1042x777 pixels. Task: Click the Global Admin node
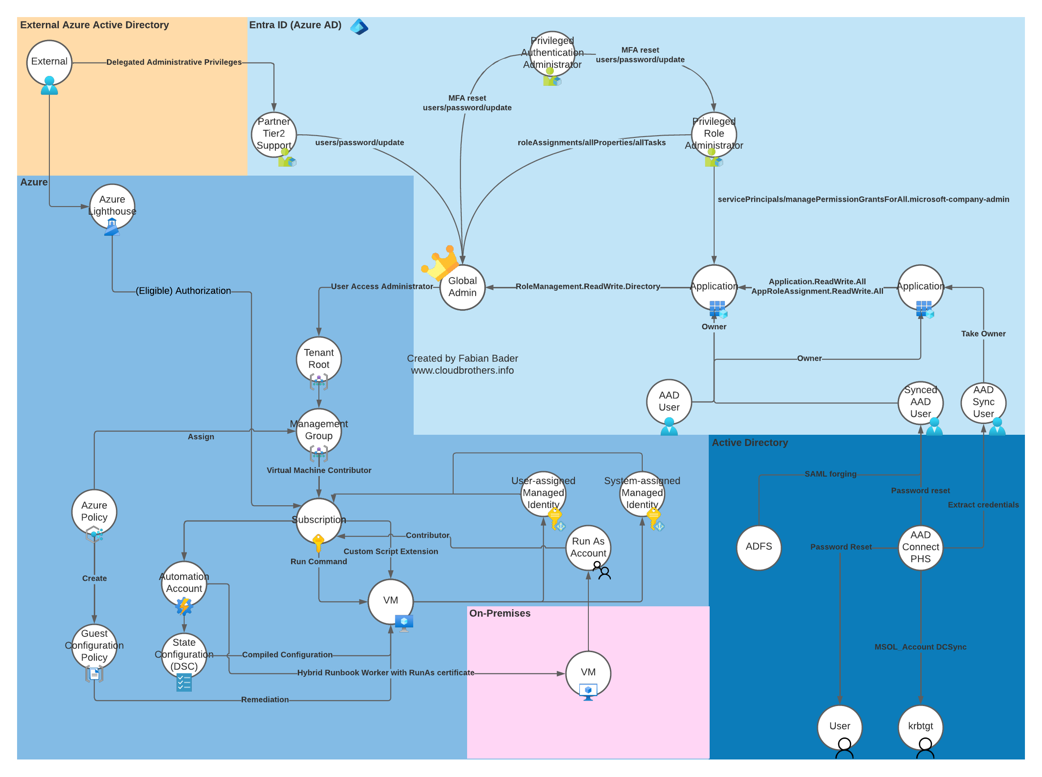(x=462, y=287)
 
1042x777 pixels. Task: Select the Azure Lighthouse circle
(x=112, y=206)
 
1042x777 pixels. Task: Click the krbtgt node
(x=920, y=727)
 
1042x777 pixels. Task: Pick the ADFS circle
(x=759, y=547)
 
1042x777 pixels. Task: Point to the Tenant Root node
(x=319, y=359)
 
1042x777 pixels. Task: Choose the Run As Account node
(x=588, y=547)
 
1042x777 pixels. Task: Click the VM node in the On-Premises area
(x=588, y=673)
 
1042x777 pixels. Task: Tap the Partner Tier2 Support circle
(x=274, y=134)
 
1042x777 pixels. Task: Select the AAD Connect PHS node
(x=920, y=547)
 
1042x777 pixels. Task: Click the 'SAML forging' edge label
(x=830, y=474)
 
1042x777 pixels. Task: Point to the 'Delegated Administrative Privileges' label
(x=174, y=62)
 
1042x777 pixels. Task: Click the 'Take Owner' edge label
(x=983, y=333)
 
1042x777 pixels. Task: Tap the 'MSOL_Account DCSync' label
(x=920, y=647)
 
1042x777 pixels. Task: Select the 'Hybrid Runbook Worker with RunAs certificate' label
(x=385, y=673)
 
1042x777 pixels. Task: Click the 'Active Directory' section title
(x=750, y=442)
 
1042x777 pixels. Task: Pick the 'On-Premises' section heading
(x=499, y=614)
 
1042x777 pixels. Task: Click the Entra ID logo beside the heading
(x=359, y=26)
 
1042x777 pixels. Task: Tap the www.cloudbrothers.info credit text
(x=462, y=371)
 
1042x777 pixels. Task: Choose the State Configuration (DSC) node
(x=184, y=655)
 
